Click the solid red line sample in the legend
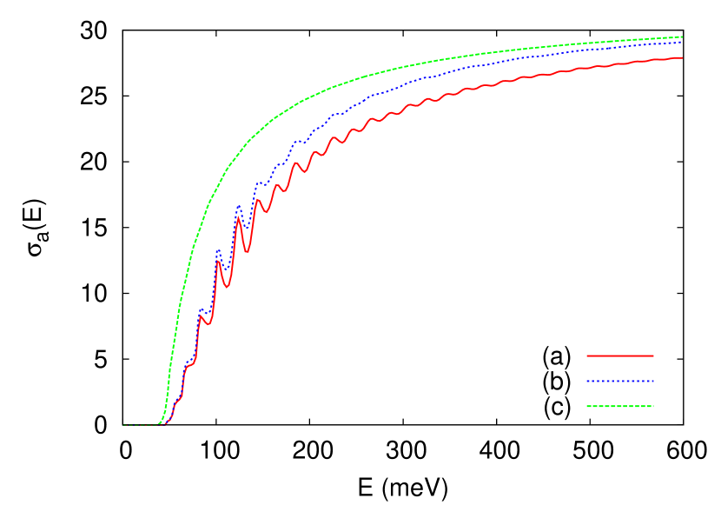tap(620, 355)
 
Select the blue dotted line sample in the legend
tap(620, 381)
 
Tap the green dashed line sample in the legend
tap(620, 406)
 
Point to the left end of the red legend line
tap(587, 355)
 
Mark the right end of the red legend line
tap(653, 355)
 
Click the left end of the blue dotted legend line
tap(587, 381)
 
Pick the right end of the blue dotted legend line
tap(653, 381)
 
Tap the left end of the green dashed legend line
tap(587, 406)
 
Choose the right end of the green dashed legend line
tap(653, 406)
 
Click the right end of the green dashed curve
tap(683, 37)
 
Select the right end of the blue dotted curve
tap(683, 42)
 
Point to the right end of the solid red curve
tap(683, 57)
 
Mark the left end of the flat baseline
tap(122, 425)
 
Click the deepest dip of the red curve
tap(248, 253)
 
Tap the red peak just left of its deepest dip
tap(237, 216)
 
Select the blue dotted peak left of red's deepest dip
tap(239, 206)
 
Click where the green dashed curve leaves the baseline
tap(157, 424)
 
